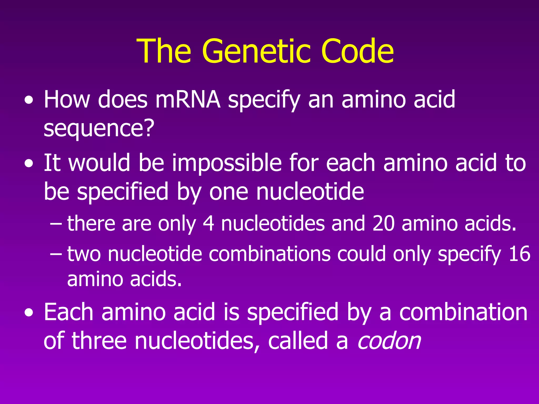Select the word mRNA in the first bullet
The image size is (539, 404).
[188, 99]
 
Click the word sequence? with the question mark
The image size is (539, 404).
[99, 128]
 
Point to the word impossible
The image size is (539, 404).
[227, 163]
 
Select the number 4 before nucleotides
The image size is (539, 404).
[208, 223]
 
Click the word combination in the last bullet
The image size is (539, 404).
[463, 312]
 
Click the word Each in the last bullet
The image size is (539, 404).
[68, 312]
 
